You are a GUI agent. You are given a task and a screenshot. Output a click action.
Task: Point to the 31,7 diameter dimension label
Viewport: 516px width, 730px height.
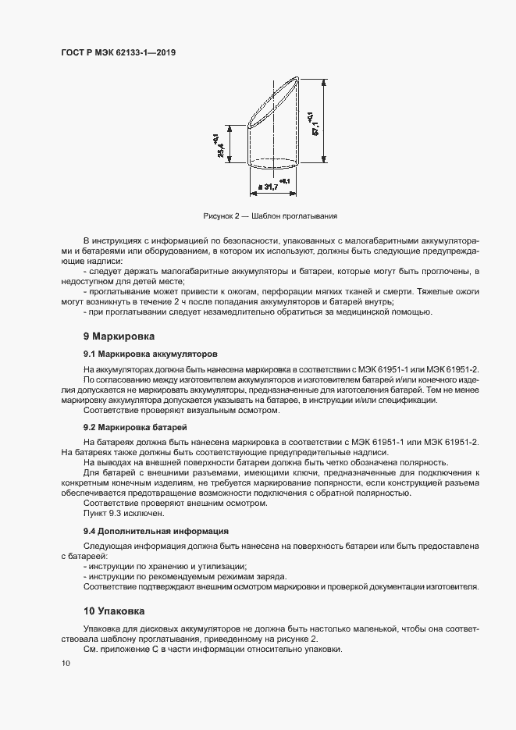pos(268,187)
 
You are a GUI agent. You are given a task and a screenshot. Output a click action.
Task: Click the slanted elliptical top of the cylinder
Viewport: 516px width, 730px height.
pos(273,101)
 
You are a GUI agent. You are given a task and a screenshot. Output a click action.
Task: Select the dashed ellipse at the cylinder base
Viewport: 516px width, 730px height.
pos(273,163)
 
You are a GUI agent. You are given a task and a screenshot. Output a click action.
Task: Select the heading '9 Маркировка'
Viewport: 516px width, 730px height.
pos(119,337)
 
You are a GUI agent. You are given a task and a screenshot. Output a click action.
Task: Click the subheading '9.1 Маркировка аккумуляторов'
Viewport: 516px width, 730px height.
pos(150,354)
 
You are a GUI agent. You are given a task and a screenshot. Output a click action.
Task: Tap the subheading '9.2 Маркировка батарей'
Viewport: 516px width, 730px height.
pos(135,427)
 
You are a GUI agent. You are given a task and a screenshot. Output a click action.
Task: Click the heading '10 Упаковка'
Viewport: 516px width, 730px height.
pos(114,610)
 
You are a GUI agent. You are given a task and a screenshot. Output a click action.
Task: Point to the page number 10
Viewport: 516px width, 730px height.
pos(66,663)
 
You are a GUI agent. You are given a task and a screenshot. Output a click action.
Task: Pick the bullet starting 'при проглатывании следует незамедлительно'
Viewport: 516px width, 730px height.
pos(258,312)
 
